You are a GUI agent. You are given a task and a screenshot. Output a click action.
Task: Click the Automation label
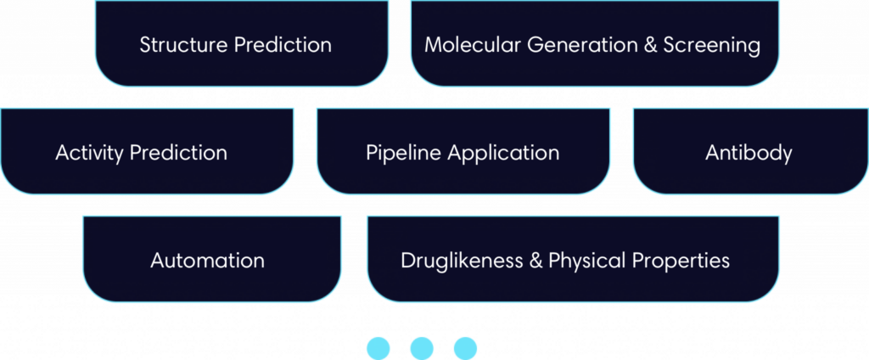point(207,261)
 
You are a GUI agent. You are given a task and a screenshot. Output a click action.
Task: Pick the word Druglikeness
point(461,261)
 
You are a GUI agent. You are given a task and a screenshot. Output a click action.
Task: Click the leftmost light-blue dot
point(378,347)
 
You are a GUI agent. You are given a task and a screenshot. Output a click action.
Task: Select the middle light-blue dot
point(422,347)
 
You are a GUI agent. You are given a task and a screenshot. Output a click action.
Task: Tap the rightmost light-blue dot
point(465,347)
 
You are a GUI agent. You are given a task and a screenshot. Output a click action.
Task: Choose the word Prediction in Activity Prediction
point(175,154)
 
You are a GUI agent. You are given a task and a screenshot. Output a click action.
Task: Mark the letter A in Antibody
point(711,154)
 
